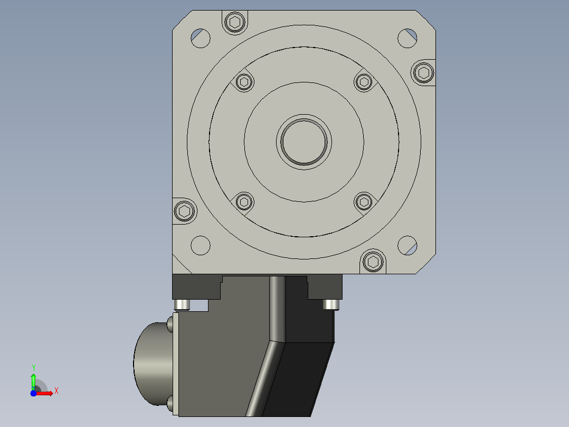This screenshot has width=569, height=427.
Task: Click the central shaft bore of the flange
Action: (304, 142)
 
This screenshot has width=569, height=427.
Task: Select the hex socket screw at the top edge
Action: (235, 22)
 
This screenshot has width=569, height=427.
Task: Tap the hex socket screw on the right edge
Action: (423, 73)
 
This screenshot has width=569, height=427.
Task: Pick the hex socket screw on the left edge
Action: (184, 211)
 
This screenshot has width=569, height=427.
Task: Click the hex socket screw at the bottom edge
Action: (373, 262)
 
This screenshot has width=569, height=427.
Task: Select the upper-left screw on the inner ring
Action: (244, 82)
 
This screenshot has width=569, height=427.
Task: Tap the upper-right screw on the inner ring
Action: (364, 82)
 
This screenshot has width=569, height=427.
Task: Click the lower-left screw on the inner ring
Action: (244, 202)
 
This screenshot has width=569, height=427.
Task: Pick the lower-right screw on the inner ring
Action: (364, 202)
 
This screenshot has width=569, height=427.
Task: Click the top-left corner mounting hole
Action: (201, 38)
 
